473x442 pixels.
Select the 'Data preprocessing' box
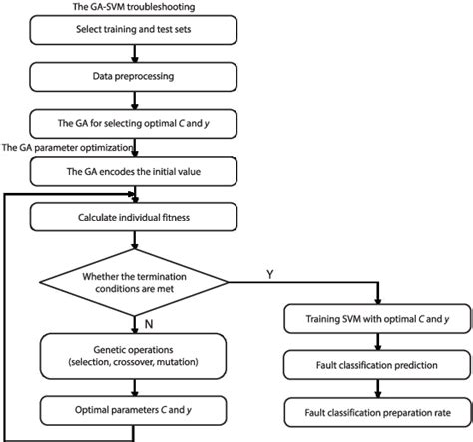(136, 76)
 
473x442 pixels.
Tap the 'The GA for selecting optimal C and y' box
(136, 125)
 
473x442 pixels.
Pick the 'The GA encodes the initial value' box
(136, 172)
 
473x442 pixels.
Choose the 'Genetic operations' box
(136, 355)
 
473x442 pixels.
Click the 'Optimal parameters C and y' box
(136, 409)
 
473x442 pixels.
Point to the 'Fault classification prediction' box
(373, 365)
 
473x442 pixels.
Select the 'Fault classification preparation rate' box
(373, 409)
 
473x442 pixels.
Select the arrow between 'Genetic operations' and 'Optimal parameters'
(136, 385)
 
